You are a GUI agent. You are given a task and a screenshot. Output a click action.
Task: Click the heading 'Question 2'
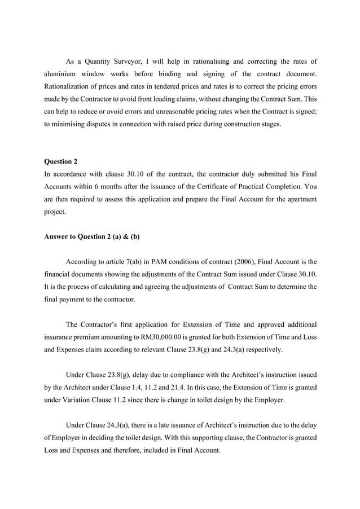click(x=61, y=162)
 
